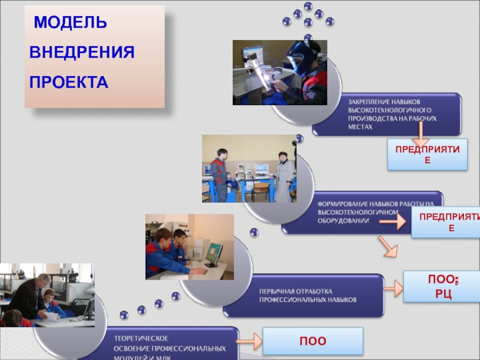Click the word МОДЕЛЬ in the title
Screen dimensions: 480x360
click(70, 23)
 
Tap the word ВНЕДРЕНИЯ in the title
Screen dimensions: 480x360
click(82, 52)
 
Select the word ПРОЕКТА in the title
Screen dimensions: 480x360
click(69, 82)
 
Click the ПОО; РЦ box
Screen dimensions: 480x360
click(439, 286)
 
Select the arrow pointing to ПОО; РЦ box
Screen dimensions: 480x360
click(393, 289)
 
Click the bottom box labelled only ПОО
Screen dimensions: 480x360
click(313, 341)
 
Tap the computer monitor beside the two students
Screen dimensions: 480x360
click(214, 254)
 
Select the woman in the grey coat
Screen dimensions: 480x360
click(284, 176)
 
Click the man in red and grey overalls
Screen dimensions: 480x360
click(219, 174)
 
